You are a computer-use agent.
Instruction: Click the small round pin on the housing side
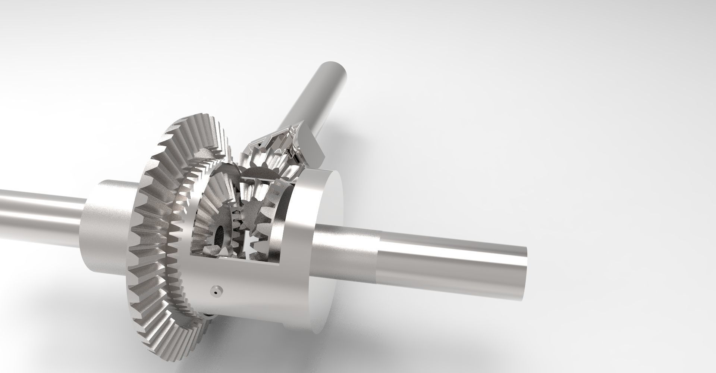click(x=216, y=291)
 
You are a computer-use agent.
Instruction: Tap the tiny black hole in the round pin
click(x=216, y=293)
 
